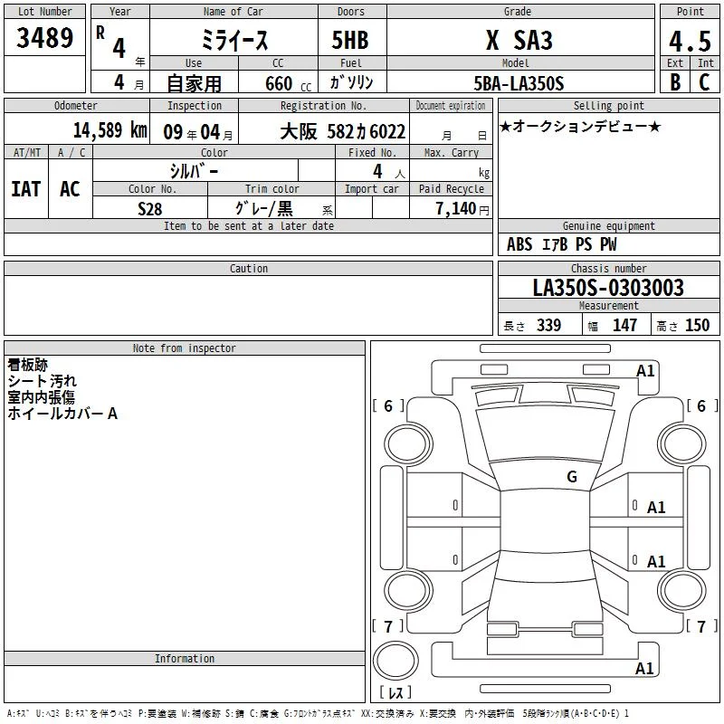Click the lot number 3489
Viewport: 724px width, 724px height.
(x=44, y=37)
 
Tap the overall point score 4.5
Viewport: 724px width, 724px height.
(x=690, y=41)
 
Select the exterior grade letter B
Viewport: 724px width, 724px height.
(x=675, y=82)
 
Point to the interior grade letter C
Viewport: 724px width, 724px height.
(x=704, y=82)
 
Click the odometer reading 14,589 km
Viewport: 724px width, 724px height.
(x=110, y=130)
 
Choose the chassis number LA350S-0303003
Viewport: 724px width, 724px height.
(x=608, y=288)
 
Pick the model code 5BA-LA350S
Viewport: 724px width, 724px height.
(x=519, y=83)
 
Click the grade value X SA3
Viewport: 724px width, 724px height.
(x=519, y=40)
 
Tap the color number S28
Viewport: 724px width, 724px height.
(x=149, y=209)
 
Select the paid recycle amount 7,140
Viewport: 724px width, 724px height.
(x=456, y=209)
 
